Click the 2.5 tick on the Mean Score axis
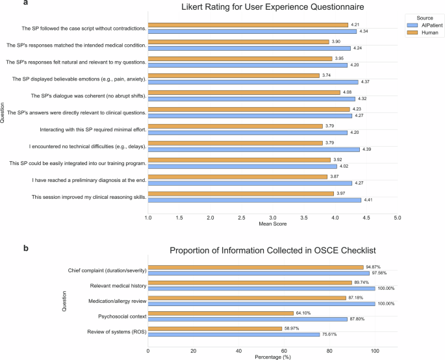[241, 218]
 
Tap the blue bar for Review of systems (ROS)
[233, 335]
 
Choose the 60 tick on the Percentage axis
[284, 351]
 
